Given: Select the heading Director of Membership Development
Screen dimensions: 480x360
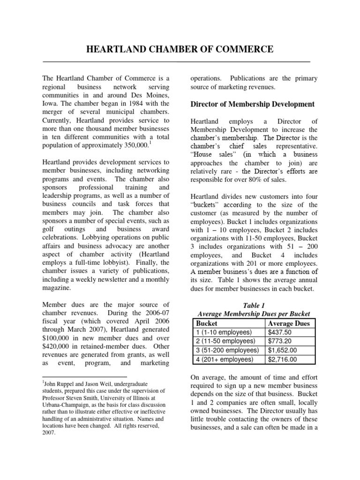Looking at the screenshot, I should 253,104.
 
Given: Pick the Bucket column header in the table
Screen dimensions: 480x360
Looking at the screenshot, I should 206,323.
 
